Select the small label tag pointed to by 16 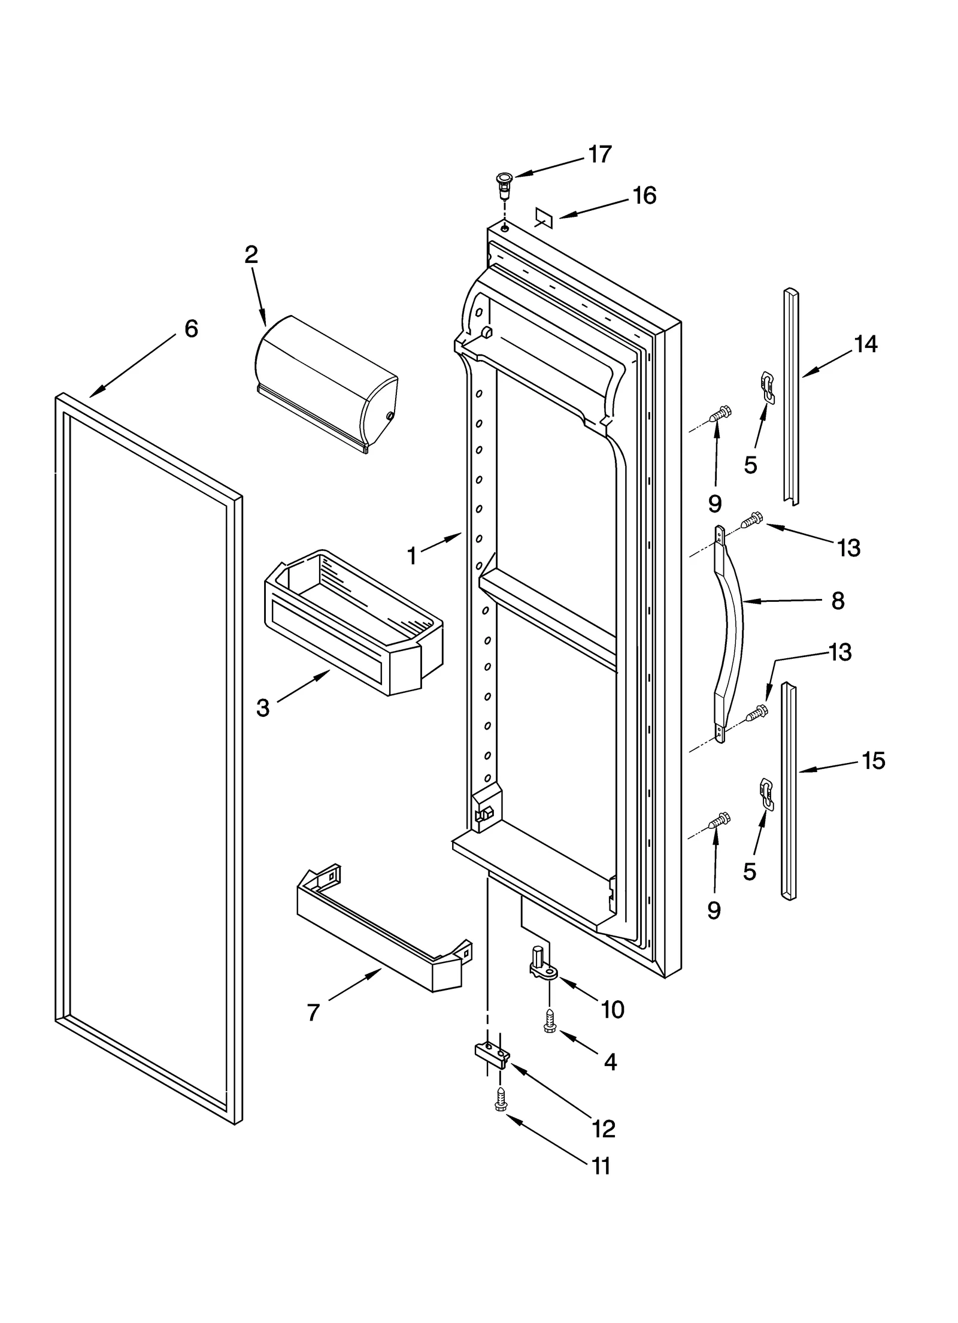click(542, 217)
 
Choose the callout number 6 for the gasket click(190, 328)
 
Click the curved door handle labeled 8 click(730, 635)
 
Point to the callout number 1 click(411, 556)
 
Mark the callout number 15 click(873, 761)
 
